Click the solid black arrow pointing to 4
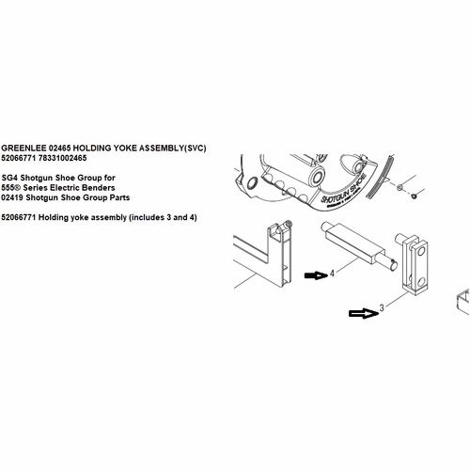pos(313,274)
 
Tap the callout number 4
pos(332,274)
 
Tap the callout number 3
pos(382,306)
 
